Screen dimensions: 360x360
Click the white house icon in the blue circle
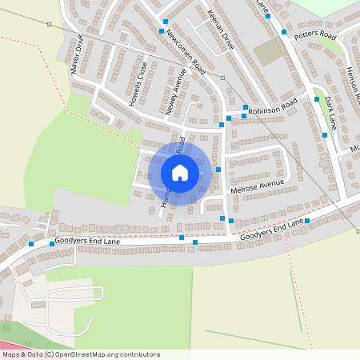point(180,173)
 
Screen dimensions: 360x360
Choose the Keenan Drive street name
point(219,30)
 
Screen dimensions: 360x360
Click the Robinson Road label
point(272,105)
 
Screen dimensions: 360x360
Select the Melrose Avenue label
point(258,188)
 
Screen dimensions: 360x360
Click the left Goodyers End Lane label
point(89,241)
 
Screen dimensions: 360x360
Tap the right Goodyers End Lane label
point(272,231)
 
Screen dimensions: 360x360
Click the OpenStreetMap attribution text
point(81,354)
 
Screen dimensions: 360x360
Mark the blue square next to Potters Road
point(285,32)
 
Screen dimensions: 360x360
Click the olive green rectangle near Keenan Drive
point(268,53)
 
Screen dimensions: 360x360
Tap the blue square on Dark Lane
point(325,135)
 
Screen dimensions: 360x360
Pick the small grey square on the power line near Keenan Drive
point(223,78)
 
